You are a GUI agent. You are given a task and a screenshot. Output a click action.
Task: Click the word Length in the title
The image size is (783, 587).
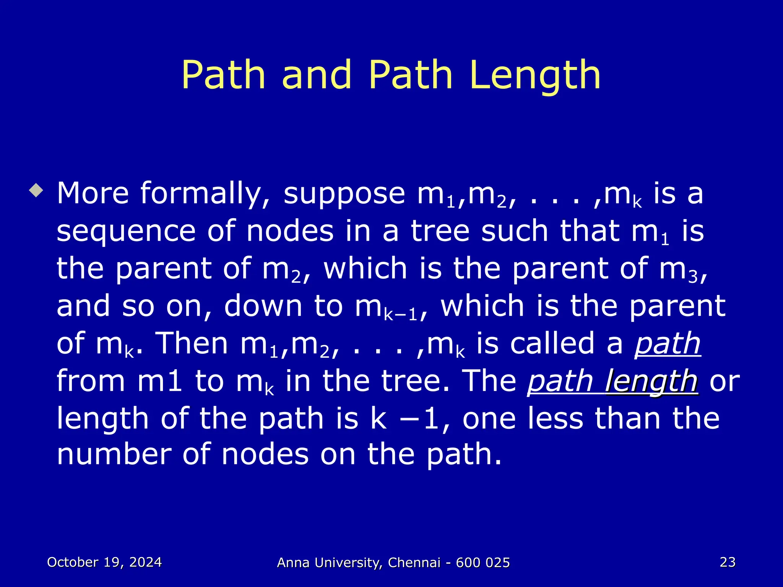tap(535, 76)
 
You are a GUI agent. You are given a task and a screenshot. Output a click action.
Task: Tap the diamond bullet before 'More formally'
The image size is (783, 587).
tap(37, 190)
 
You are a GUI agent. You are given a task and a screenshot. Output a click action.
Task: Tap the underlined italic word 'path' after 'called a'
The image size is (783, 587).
tap(668, 344)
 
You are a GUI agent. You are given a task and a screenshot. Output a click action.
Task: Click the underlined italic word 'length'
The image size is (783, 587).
tap(652, 381)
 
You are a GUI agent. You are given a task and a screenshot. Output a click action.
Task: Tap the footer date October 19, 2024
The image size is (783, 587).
tap(104, 562)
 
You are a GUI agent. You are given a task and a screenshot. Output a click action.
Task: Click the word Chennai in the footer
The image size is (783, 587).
tap(414, 563)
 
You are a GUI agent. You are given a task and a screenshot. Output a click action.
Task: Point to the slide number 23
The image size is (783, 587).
tap(728, 562)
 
